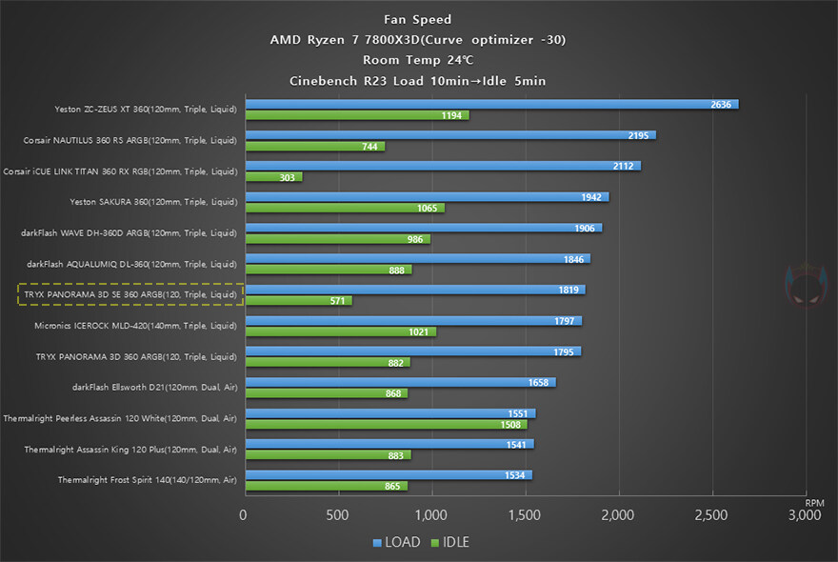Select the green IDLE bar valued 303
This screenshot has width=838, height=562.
[x=274, y=177]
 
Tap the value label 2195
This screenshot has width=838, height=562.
[x=638, y=135]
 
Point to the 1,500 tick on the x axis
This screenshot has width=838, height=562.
[x=525, y=515]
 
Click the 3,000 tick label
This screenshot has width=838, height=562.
[x=805, y=515]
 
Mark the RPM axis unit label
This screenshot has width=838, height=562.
[x=814, y=502]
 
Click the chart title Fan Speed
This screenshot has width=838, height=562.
[x=418, y=18]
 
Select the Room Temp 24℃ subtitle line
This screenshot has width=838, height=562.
[x=418, y=60]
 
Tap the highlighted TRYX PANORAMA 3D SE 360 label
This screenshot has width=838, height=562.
[x=131, y=295]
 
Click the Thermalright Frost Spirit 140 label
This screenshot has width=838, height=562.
[x=148, y=480]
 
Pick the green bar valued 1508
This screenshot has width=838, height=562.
[x=386, y=425]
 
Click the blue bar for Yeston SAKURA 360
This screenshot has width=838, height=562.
[x=427, y=197]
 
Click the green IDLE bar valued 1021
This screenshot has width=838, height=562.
[x=341, y=331]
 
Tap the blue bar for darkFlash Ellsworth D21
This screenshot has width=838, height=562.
[x=400, y=382]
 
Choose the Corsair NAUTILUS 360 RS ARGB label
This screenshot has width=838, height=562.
[x=130, y=141]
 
